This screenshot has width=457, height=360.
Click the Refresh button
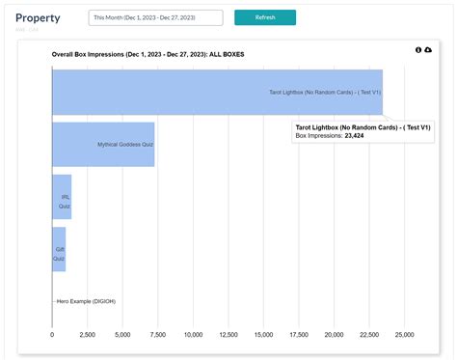click(x=265, y=17)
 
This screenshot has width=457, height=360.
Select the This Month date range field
click(x=155, y=17)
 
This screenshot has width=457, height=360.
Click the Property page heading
click(x=38, y=17)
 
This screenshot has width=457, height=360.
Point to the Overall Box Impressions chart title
click(x=148, y=55)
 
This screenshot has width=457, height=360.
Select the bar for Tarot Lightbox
click(x=217, y=93)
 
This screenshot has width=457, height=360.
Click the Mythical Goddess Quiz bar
click(x=103, y=145)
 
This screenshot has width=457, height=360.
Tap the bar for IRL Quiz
click(x=62, y=197)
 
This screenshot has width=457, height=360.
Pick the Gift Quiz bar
click(x=59, y=249)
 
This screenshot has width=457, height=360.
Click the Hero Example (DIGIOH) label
click(x=93, y=301)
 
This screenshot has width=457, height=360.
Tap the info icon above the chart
click(x=418, y=50)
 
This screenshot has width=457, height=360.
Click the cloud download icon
click(x=428, y=50)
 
